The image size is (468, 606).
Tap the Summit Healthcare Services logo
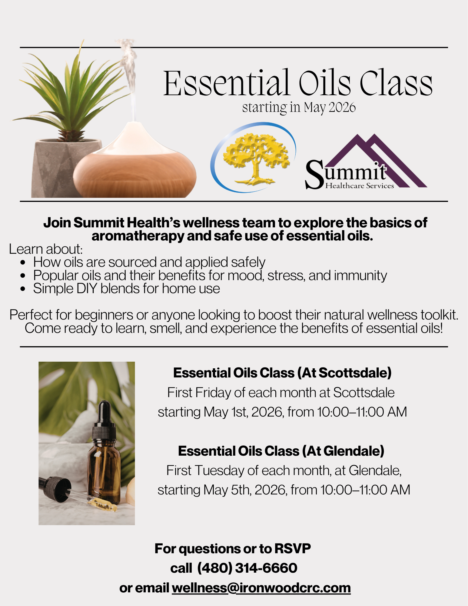(x=366, y=162)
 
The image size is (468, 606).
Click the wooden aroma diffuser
(x=135, y=161)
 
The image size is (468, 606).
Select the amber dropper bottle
(x=104, y=452)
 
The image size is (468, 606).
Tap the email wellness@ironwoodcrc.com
(x=261, y=588)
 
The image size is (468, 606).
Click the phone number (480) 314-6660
(x=247, y=568)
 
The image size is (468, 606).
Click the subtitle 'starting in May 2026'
(x=299, y=107)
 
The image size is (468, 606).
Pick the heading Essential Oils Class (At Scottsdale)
(x=282, y=373)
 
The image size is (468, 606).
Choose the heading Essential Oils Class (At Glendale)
(x=281, y=451)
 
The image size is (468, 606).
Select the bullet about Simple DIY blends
(x=127, y=288)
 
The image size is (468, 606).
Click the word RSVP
(x=293, y=549)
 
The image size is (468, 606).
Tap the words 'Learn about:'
(x=46, y=249)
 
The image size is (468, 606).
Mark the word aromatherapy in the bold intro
(x=138, y=236)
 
